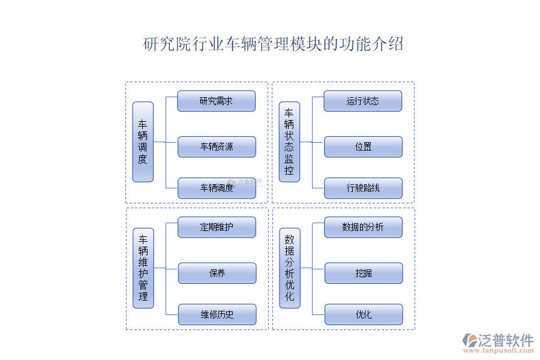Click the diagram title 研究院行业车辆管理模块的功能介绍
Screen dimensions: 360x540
tap(273, 44)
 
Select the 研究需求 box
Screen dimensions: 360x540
tap(216, 101)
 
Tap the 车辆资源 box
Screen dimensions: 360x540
tap(216, 146)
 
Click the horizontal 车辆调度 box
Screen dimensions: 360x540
tap(216, 188)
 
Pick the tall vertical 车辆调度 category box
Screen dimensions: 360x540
tap(143, 142)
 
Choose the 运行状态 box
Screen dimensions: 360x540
tap(362, 101)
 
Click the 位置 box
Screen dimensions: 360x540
tap(362, 146)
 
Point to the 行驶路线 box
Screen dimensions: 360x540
tap(362, 188)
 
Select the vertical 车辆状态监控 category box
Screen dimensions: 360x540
tap(289, 142)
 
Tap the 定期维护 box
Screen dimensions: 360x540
tap(217, 227)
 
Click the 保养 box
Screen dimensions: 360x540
tap(217, 273)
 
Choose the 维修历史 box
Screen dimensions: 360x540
tap(217, 314)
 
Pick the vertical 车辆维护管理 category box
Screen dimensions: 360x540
tap(143, 268)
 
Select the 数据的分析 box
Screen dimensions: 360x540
tap(363, 227)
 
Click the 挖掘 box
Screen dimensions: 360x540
tap(363, 273)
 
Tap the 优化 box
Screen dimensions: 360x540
tap(363, 314)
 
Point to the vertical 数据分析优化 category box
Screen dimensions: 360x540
tap(290, 268)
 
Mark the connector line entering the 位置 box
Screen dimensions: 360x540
tap(318, 142)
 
